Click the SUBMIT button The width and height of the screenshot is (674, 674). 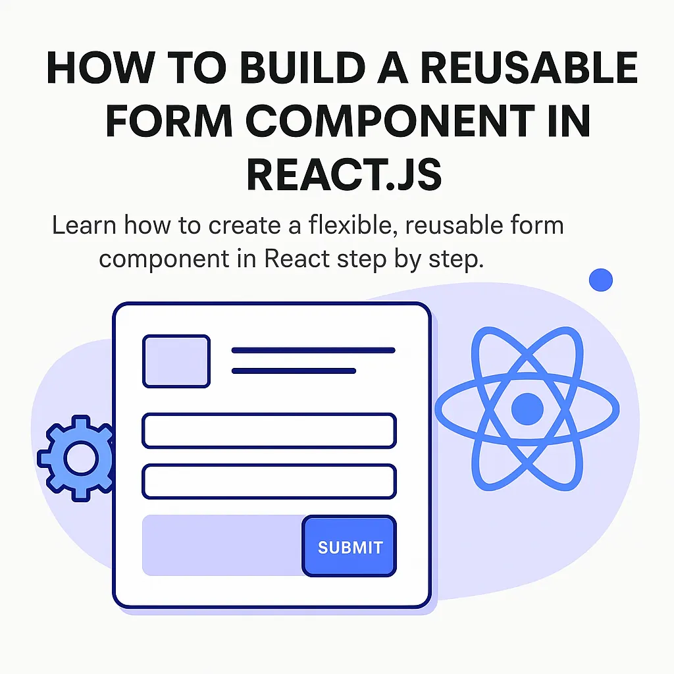coord(350,547)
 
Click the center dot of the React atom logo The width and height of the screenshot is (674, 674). coord(527,409)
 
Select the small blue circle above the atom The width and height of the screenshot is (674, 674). coord(600,280)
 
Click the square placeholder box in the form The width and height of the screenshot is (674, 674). coord(176,361)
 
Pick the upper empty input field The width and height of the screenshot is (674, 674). coord(269,430)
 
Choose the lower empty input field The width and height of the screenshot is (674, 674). coord(269,481)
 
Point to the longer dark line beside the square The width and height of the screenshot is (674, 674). coord(313,350)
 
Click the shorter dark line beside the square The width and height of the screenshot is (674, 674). coord(294,371)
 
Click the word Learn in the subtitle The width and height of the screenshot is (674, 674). coord(84,226)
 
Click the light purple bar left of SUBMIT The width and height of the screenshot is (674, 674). coord(222,546)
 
